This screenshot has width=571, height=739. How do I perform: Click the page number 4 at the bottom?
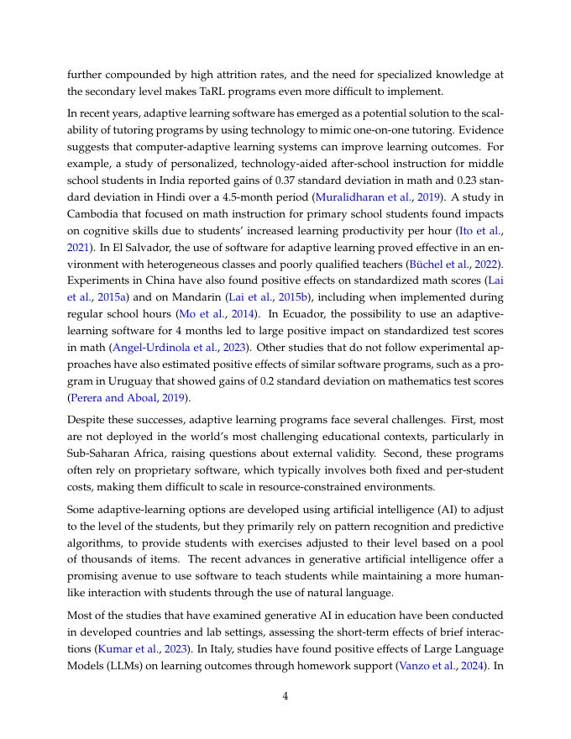click(285, 694)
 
